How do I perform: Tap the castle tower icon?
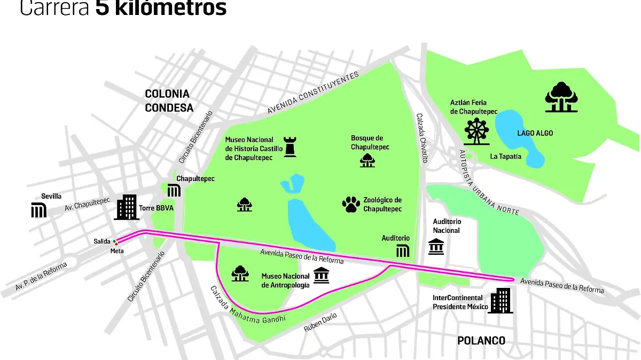point(290,146)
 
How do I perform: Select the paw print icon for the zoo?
point(350,204)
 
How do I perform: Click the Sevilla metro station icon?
point(38,210)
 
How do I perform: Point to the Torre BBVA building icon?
point(127,207)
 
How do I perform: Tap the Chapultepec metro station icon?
point(174,190)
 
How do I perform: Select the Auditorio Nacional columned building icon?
point(436,246)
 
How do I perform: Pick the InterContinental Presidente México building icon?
point(501,301)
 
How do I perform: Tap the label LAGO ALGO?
point(535,133)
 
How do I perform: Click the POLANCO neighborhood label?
point(481,340)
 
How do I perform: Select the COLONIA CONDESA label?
point(169,100)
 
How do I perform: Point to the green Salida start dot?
point(114,242)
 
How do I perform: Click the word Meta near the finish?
point(117,251)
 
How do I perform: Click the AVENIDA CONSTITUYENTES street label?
point(313,92)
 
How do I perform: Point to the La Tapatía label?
point(505,156)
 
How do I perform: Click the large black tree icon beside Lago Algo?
point(561,97)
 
